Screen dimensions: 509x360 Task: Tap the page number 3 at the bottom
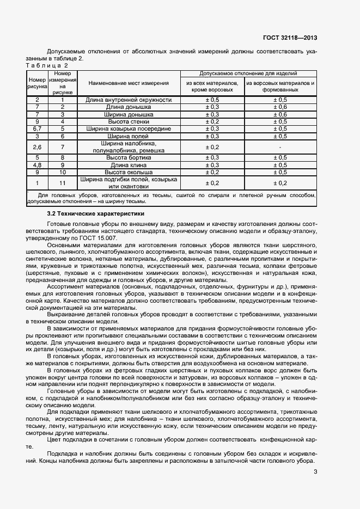click(315, 472)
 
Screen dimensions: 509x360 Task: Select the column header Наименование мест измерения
click(129, 83)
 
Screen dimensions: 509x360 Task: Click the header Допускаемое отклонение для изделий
click(248, 73)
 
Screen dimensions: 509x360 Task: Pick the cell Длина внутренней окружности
click(129, 100)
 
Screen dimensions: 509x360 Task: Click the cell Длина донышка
click(129, 107)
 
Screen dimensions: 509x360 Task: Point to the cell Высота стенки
click(129, 121)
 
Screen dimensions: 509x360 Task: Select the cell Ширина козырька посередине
click(129, 128)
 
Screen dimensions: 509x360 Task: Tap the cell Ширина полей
click(129, 136)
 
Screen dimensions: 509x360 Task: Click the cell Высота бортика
click(129, 157)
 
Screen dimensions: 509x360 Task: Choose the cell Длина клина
click(129, 164)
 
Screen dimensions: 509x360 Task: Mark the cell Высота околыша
click(129, 171)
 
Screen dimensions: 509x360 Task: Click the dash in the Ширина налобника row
click(279, 147)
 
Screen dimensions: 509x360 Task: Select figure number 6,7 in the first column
click(37, 128)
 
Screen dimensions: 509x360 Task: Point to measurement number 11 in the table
click(63, 182)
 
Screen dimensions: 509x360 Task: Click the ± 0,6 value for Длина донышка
click(279, 107)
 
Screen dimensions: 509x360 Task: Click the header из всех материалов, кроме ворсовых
click(212, 86)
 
